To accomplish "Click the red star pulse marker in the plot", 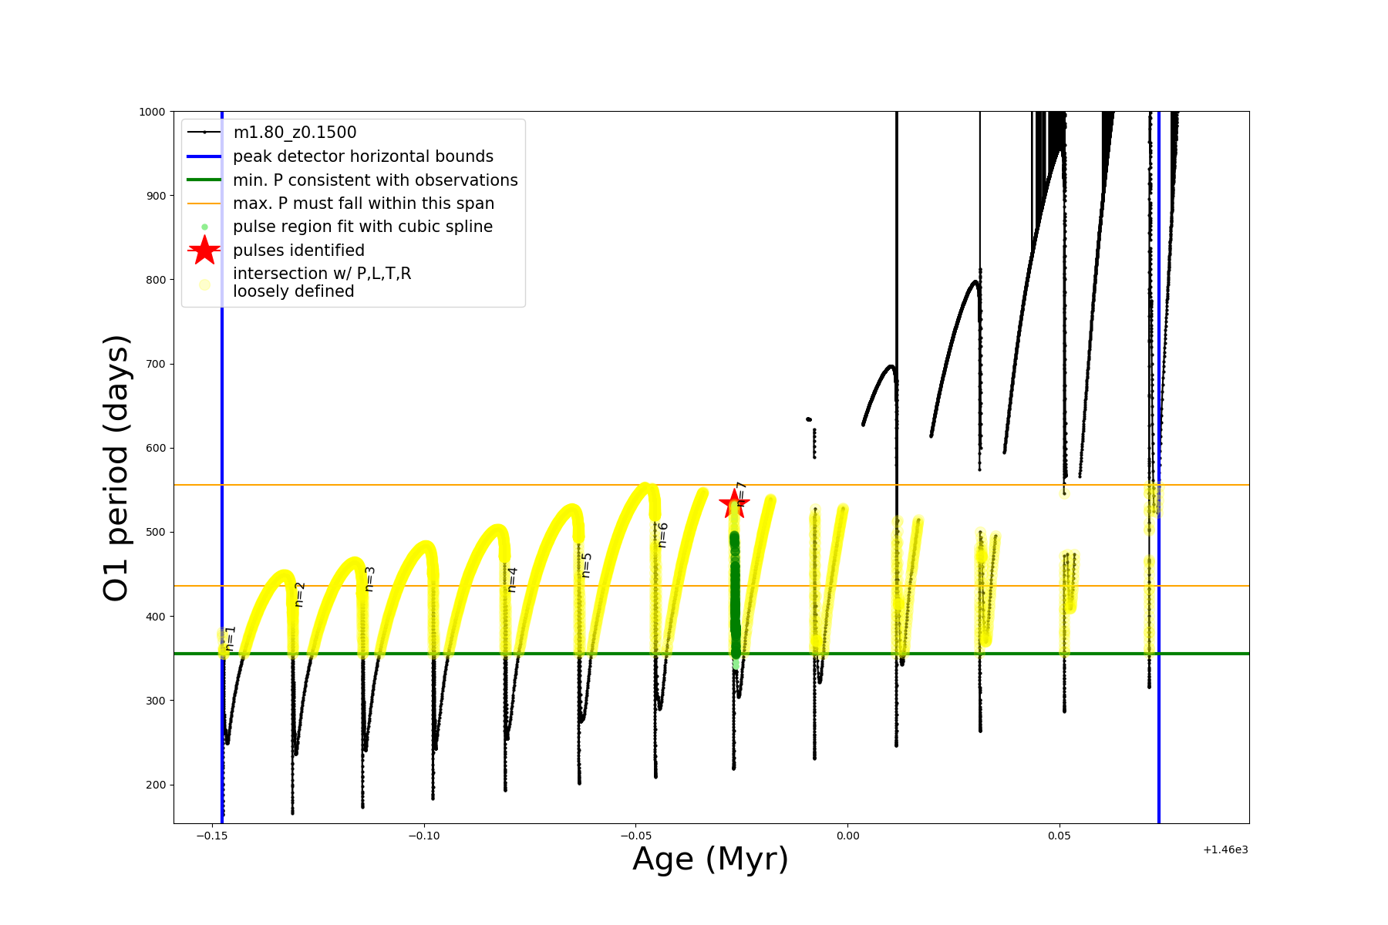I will (733, 505).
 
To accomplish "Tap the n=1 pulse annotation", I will (231, 638).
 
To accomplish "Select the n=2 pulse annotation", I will (300, 594).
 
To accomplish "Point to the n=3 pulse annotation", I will (369, 580).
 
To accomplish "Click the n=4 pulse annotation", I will (512, 580).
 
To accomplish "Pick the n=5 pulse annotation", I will (586, 565).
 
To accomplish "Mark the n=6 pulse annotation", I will (662, 535).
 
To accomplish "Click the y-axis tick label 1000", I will (152, 112).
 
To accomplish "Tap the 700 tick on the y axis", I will (156, 364).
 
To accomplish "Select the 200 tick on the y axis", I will (156, 785).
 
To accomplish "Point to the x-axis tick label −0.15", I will (211, 836).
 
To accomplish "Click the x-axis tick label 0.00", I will (847, 836).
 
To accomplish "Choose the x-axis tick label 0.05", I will (1059, 836).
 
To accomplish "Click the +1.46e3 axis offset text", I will (1225, 850).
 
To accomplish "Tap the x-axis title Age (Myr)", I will (710, 859).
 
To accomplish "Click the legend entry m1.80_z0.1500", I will (295, 133).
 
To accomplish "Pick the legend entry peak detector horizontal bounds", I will (363, 156).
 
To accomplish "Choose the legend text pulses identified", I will (298, 251).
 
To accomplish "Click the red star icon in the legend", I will (204, 251).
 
